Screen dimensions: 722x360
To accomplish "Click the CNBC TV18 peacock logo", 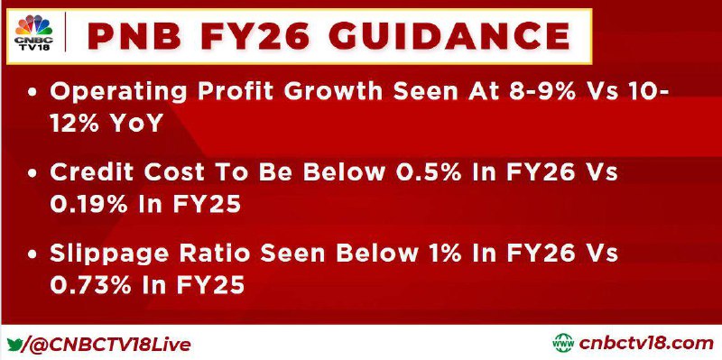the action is point(33,32).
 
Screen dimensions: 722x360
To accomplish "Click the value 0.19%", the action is point(88,204).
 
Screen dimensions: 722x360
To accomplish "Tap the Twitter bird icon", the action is point(14,344).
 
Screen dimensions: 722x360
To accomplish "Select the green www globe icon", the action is point(563,343).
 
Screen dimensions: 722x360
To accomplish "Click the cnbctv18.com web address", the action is point(646,344).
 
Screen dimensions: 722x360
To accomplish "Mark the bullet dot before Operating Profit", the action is point(32,93).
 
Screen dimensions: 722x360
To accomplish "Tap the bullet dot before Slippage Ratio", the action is point(32,254).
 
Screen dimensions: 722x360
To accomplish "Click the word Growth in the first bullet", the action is point(333,92).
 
